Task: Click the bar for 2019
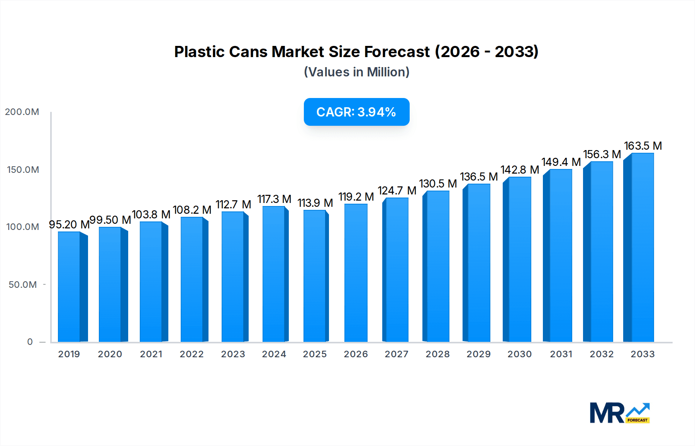[69, 287]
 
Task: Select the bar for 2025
[315, 276]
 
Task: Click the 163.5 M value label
[643, 146]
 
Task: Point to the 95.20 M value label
[69, 225]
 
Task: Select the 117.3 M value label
[274, 199]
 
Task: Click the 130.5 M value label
[438, 184]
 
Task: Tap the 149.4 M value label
[561, 162]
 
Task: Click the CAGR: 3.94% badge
[356, 112]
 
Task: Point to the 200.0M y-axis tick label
[22, 112]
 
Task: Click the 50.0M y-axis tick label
[23, 285]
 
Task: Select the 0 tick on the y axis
[30, 342]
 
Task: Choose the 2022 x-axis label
[192, 354]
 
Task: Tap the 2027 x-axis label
[397, 354]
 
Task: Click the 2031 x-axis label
[561, 354]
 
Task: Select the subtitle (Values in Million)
[356, 72]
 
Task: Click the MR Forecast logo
[619, 413]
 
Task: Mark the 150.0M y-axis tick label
[23, 170]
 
